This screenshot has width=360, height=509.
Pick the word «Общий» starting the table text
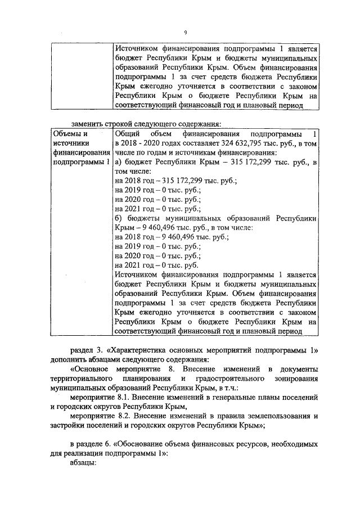tap(127, 134)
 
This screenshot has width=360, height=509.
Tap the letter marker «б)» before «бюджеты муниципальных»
tap(118, 219)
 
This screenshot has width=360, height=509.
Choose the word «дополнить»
tap(70, 358)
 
